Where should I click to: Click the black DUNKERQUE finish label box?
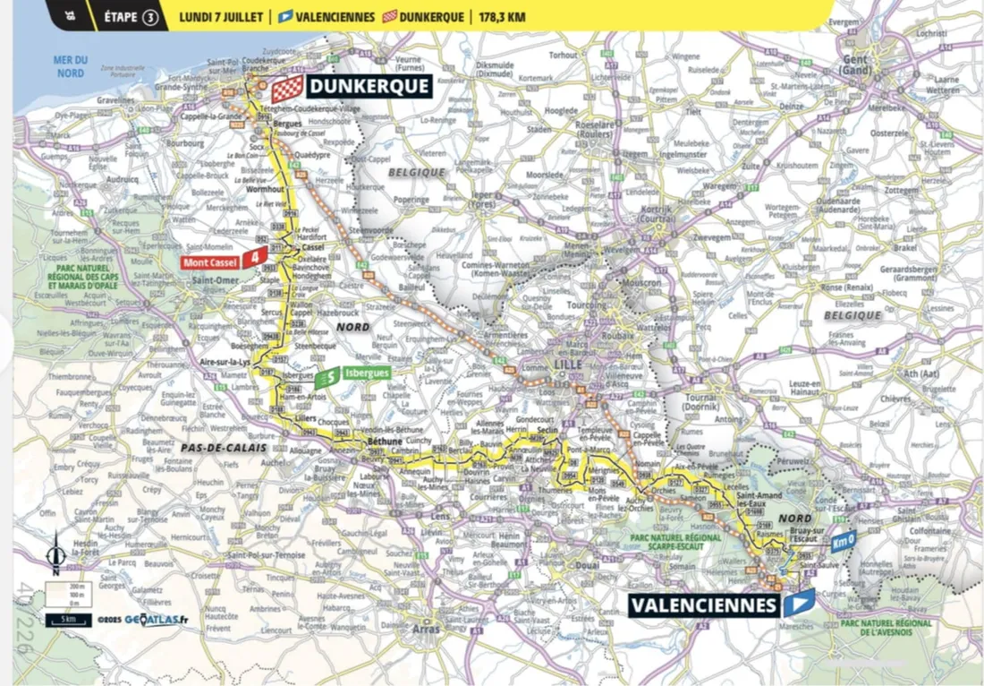(x=369, y=86)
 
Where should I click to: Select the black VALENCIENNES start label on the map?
(x=703, y=605)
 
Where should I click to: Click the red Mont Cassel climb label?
(x=214, y=262)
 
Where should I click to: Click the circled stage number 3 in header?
(x=149, y=17)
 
